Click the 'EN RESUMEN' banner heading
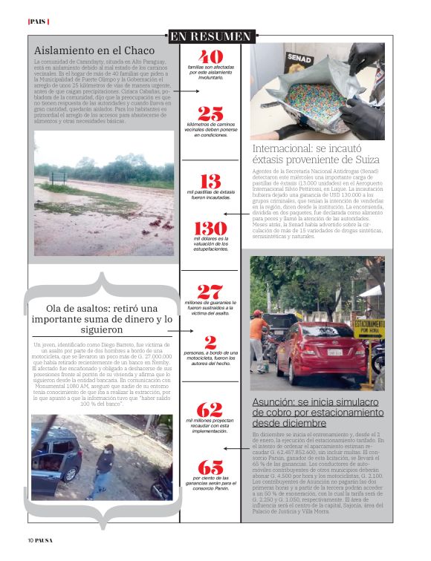click(x=210, y=36)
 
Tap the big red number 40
click(x=211, y=56)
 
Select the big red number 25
click(x=210, y=114)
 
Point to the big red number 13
click(x=210, y=181)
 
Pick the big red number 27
click(x=210, y=292)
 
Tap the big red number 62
click(x=210, y=410)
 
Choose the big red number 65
click(x=210, y=467)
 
